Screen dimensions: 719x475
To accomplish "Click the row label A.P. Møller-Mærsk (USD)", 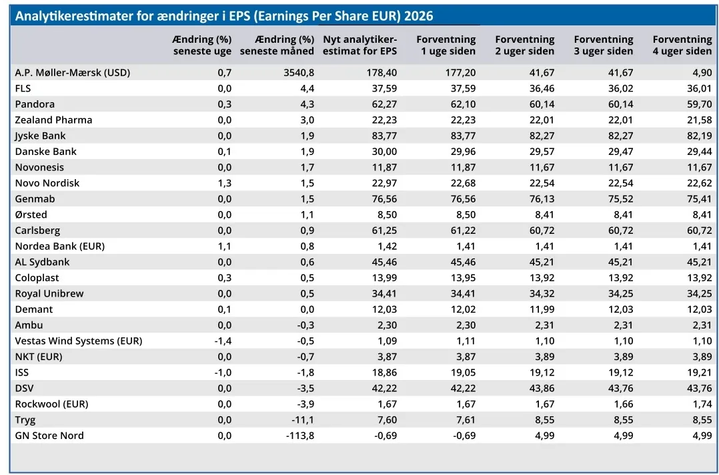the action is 73,73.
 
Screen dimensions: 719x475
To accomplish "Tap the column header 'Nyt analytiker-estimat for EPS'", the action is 360,45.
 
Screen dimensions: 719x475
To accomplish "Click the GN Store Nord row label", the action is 49,435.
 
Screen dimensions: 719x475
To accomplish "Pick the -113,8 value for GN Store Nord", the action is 299,435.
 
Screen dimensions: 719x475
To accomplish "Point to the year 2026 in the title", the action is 419,16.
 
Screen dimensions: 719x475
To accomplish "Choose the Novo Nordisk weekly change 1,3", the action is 225,183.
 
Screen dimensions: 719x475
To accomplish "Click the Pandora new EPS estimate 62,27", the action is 384,104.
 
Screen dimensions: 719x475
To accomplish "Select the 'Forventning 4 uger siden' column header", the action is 682,45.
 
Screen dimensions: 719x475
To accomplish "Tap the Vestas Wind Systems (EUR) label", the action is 79,341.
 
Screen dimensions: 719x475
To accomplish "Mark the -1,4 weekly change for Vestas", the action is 223,341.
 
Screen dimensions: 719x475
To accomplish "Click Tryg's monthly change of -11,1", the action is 303,420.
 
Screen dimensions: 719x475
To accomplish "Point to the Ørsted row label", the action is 31,214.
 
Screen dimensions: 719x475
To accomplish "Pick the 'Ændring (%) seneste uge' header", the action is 201,45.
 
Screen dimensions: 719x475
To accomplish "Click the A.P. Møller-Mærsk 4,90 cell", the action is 702,73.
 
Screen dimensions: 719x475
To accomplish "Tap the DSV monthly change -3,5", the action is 305,388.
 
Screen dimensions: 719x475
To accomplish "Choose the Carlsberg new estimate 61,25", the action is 384,230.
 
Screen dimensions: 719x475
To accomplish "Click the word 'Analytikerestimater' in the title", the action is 74,16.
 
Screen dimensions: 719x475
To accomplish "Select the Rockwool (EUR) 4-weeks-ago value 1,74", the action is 702,404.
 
